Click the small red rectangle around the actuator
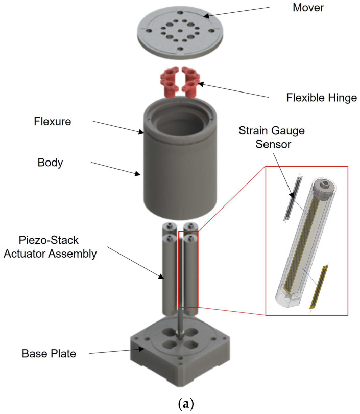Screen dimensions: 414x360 tap(188, 269)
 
